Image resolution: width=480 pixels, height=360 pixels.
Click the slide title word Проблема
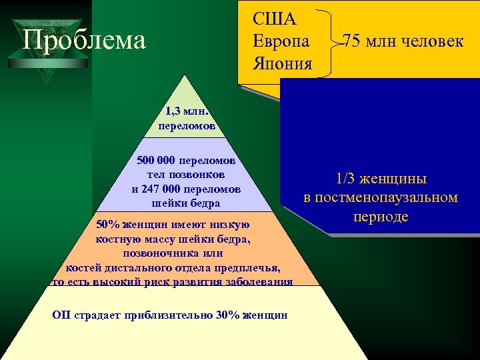(84, 40)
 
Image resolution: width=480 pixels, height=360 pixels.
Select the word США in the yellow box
(269, 17)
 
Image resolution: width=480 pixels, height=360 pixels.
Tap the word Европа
(281, 41)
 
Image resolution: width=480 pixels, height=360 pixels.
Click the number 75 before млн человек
(353, 41)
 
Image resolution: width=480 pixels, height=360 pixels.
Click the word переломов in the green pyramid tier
(187, 125)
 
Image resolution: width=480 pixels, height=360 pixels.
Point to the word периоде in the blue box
(381, 217)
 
